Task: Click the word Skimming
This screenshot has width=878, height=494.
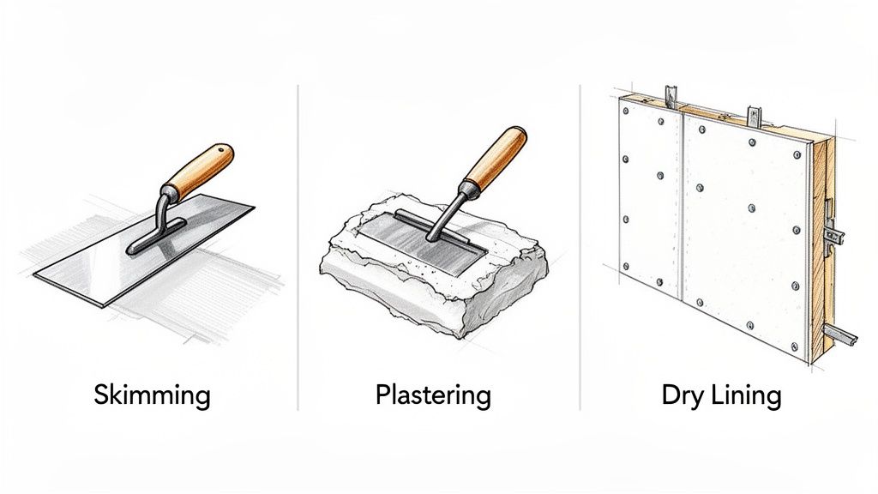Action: point(152,395)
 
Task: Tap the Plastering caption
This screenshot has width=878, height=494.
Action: point(433,395)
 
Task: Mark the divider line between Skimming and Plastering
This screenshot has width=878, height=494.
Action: point(297,249)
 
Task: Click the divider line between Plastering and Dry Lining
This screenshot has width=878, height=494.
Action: point(580,249)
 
